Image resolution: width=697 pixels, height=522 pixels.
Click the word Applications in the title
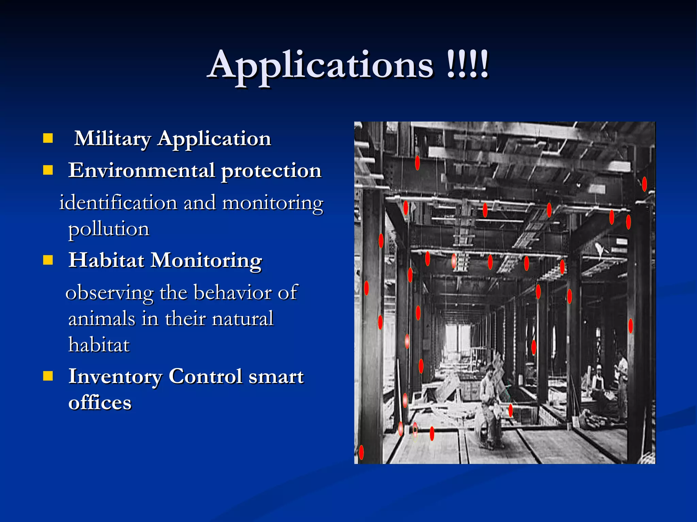(x=321, y=66)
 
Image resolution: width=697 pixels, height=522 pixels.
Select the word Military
(x=112, y=139)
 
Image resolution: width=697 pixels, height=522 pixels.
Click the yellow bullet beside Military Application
(x=48, y=138)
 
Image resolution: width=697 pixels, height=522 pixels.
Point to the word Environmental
(x=142, y=171)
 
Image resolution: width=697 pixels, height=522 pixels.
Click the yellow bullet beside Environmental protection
(x=48, y=170)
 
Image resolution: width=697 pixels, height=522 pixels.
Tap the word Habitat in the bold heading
(x=107, y=260)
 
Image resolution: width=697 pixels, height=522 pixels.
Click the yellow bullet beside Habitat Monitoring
(x=48, y=260)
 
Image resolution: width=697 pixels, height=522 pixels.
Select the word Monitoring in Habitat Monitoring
(x=206, y=261)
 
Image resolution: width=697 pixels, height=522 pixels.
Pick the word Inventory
(x=115, y=377)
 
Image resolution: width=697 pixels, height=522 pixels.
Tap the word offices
(x=100, y=403)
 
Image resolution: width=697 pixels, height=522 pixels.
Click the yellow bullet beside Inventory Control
(x=48, y=376)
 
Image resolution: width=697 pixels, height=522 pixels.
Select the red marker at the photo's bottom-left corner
(x=361, y=452)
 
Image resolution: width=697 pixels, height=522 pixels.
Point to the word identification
(x=118, y=203)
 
